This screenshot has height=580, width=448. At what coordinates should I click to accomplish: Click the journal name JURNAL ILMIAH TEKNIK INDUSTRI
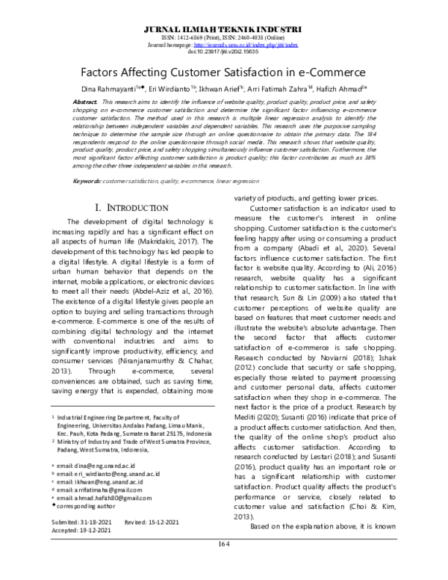(x=223, y=28)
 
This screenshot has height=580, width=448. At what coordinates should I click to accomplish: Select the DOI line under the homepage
(x=223, y=52)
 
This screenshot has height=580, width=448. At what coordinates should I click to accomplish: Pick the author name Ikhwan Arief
(x=225, y=88)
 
